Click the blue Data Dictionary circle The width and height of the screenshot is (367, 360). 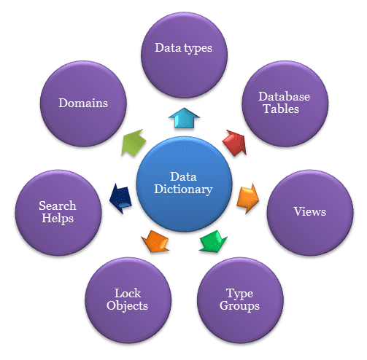tap(184, 184)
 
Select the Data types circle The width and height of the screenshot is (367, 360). tap(184, 55)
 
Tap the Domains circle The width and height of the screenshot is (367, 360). tap(83, 103)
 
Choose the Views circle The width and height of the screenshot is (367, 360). tap(310, 213)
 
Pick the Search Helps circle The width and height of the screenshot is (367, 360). tap(58, 213)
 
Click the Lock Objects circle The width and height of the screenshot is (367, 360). tap(128, 300)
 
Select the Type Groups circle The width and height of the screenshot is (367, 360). tap(240, 300)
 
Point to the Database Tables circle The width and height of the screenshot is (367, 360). tap(285, 103)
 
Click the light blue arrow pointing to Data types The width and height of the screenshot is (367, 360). tap(184, 118)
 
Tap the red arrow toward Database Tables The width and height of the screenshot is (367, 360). tap(235, 143)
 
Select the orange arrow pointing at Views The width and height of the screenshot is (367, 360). tap(248, 198)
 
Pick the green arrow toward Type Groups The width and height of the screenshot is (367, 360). tap(213, 241)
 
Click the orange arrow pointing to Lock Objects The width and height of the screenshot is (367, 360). tap(155, 241)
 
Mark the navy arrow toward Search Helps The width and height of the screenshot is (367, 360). tap(120, 198)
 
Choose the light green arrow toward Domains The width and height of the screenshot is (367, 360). tap(134, 143)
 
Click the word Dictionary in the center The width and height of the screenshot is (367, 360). tap(183, 189)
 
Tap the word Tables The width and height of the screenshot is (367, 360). tap(281, 109)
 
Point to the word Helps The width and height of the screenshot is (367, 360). tap(58, 218)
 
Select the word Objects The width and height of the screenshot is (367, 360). tap(127, 305)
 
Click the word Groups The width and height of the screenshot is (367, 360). tap(239, 306)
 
